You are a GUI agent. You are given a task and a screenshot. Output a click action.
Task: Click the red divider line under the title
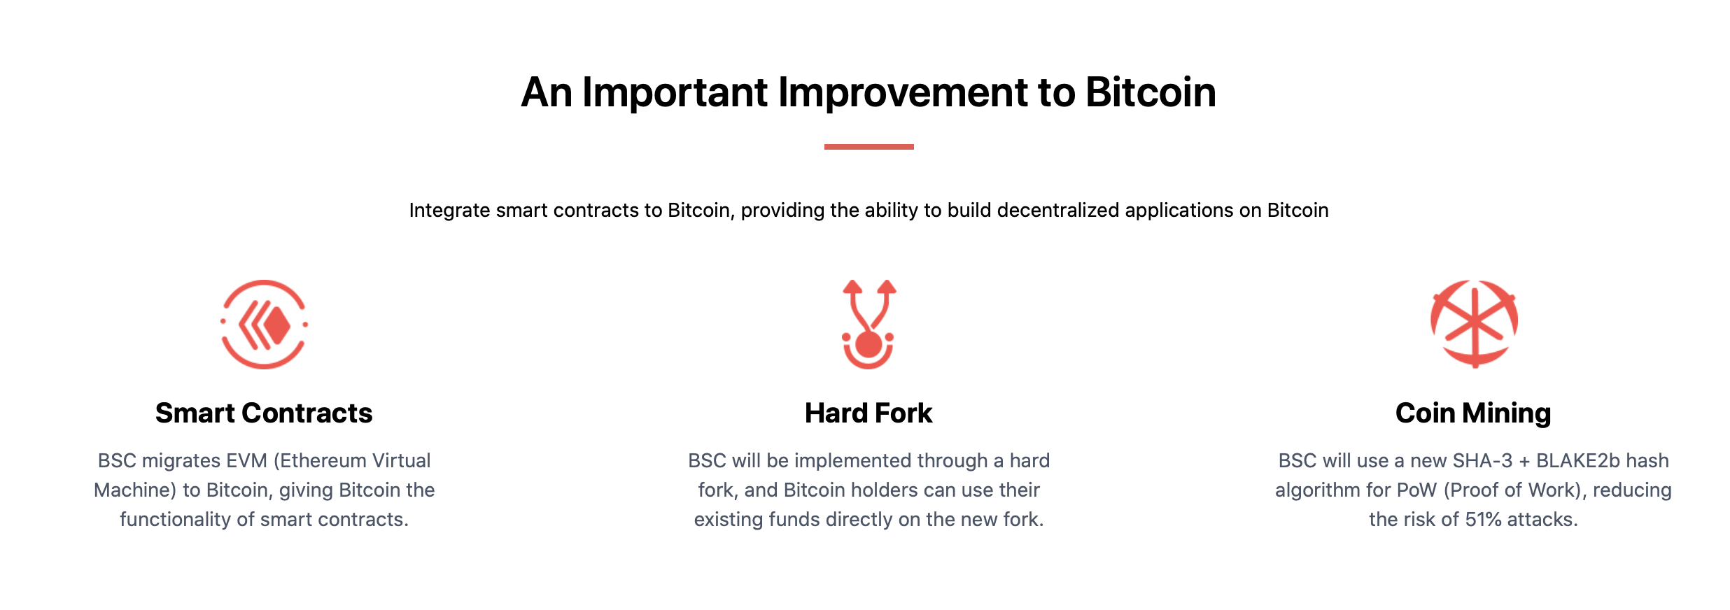point(868,147)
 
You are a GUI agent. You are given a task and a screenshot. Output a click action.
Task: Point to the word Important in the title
point(675,92)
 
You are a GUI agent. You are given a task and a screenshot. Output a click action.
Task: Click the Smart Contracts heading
point(264,413)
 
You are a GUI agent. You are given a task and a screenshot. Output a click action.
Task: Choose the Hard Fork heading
point(868,413)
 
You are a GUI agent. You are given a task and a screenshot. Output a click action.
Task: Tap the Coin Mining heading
point(1473,413)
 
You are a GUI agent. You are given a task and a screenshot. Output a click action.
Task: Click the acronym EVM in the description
point(247,461)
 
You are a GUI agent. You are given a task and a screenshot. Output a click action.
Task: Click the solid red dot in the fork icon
point(868,344)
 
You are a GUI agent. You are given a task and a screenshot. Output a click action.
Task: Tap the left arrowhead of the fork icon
point(852,286)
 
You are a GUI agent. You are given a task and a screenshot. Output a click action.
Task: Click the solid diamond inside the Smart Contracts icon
point(277,325)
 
